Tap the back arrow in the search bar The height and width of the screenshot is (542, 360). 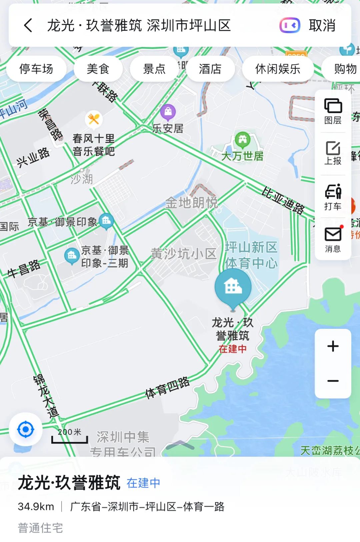tap(28, 25)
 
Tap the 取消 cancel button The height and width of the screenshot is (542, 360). tap(322, 25)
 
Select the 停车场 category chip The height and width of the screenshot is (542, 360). tap(36, 69)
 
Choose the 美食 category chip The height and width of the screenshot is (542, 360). tap(98, 69)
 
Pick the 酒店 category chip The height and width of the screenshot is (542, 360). tap(210, 69)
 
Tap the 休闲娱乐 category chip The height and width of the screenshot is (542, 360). tap(278, 69)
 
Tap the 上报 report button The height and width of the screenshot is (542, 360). tap(333, 153)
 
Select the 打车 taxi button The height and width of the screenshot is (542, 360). tap(333, 197)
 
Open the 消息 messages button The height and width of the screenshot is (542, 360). tap(333, 239)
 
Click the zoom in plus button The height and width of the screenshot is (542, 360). tap(333, 346)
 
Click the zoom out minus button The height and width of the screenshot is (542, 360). tap(333, 381)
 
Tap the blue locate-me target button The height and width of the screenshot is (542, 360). tap(26, 429)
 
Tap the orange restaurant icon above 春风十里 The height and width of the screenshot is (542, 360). tap(94, 119)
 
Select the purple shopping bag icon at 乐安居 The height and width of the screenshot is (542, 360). tap(168, 112)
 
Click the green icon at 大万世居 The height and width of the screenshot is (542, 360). tap(242, 140)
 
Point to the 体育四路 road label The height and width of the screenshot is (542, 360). tap(167, 388)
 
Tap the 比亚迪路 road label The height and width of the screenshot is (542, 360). tap(283, 200)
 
